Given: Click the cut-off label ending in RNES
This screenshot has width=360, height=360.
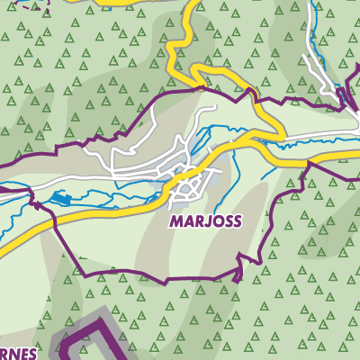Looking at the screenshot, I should (15, 354).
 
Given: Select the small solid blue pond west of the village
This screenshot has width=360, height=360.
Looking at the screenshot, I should (59, 196).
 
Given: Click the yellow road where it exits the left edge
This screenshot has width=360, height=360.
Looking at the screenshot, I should (3, 245).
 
